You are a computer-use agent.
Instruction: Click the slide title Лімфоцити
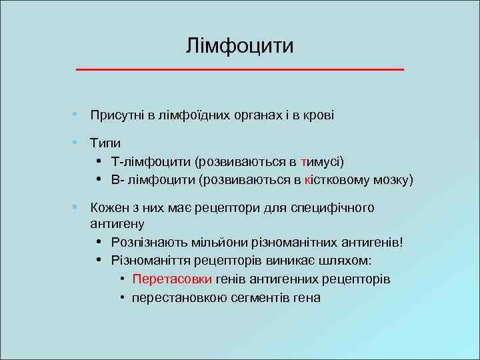[240, 46]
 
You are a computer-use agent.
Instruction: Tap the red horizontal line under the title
[240, 69]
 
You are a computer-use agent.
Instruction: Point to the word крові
[319, 115]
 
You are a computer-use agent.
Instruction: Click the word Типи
[106, 143]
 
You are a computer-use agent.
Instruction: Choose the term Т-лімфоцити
[151, 161]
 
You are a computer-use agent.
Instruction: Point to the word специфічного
[337, 208]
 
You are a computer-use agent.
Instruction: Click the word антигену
[117, 223]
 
